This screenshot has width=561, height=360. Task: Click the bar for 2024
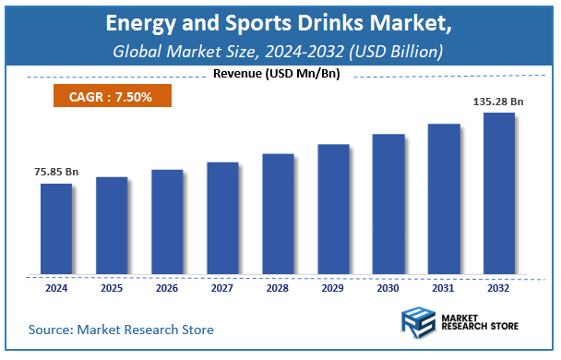coord(55,228)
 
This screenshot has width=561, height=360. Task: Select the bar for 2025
coord(111,225)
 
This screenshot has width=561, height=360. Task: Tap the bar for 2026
coord(166,222)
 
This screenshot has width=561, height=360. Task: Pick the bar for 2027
coord(221,218)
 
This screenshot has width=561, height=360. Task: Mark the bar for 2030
coord(388,204)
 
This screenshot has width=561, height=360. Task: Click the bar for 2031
coord(444,198)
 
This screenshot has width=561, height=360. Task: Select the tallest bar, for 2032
coord(499,193)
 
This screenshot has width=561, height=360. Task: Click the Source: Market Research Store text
coord(121,330)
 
